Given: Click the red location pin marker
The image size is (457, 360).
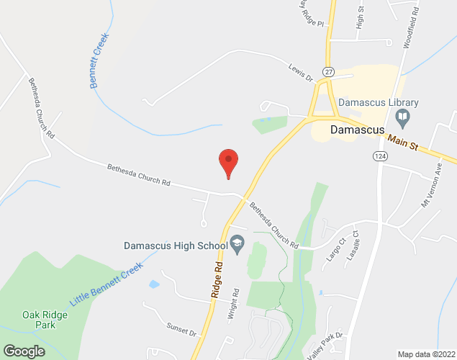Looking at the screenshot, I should coord(228,161).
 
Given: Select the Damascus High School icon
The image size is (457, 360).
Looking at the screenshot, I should coord(235,245).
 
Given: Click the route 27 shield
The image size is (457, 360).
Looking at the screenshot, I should coord(328,72).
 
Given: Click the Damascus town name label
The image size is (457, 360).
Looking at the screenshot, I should coord(360,131).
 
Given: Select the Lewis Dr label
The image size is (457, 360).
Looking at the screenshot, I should coord(299,71).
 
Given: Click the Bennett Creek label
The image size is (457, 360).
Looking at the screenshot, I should coord(99,61).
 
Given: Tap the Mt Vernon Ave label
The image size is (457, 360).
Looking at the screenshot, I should coord(434,189).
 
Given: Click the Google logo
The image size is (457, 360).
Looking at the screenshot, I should coord(23,351).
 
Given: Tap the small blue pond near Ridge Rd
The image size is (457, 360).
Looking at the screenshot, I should coord(153,284).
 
